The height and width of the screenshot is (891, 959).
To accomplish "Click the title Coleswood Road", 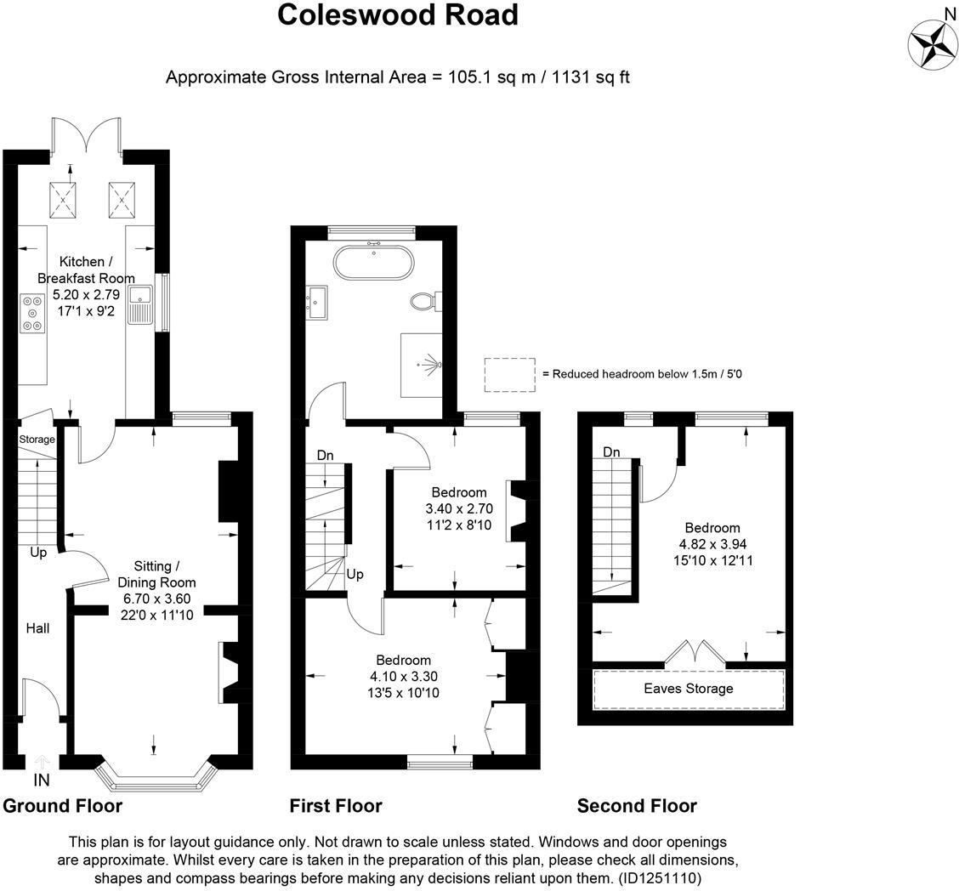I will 398,14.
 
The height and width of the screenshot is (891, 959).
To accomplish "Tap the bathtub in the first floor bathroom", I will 374,262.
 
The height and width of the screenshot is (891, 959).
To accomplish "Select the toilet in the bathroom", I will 422,301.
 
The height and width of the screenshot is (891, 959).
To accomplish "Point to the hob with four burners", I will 32,313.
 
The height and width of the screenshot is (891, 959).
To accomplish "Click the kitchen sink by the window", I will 139,304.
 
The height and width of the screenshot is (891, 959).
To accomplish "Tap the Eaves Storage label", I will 688,689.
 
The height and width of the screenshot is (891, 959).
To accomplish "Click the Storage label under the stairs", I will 37,440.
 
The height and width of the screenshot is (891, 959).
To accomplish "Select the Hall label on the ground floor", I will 37,628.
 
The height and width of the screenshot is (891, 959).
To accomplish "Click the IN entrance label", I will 42,780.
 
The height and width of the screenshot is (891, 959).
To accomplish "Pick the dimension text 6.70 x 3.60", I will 156,599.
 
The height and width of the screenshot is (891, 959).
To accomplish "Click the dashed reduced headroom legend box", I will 509,375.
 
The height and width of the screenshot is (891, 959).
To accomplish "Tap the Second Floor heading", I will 637,806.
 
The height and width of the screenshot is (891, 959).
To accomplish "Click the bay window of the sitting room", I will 154,775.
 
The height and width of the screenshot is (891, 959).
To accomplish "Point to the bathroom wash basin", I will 321,302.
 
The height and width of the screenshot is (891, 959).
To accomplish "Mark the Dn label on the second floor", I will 612,452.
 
